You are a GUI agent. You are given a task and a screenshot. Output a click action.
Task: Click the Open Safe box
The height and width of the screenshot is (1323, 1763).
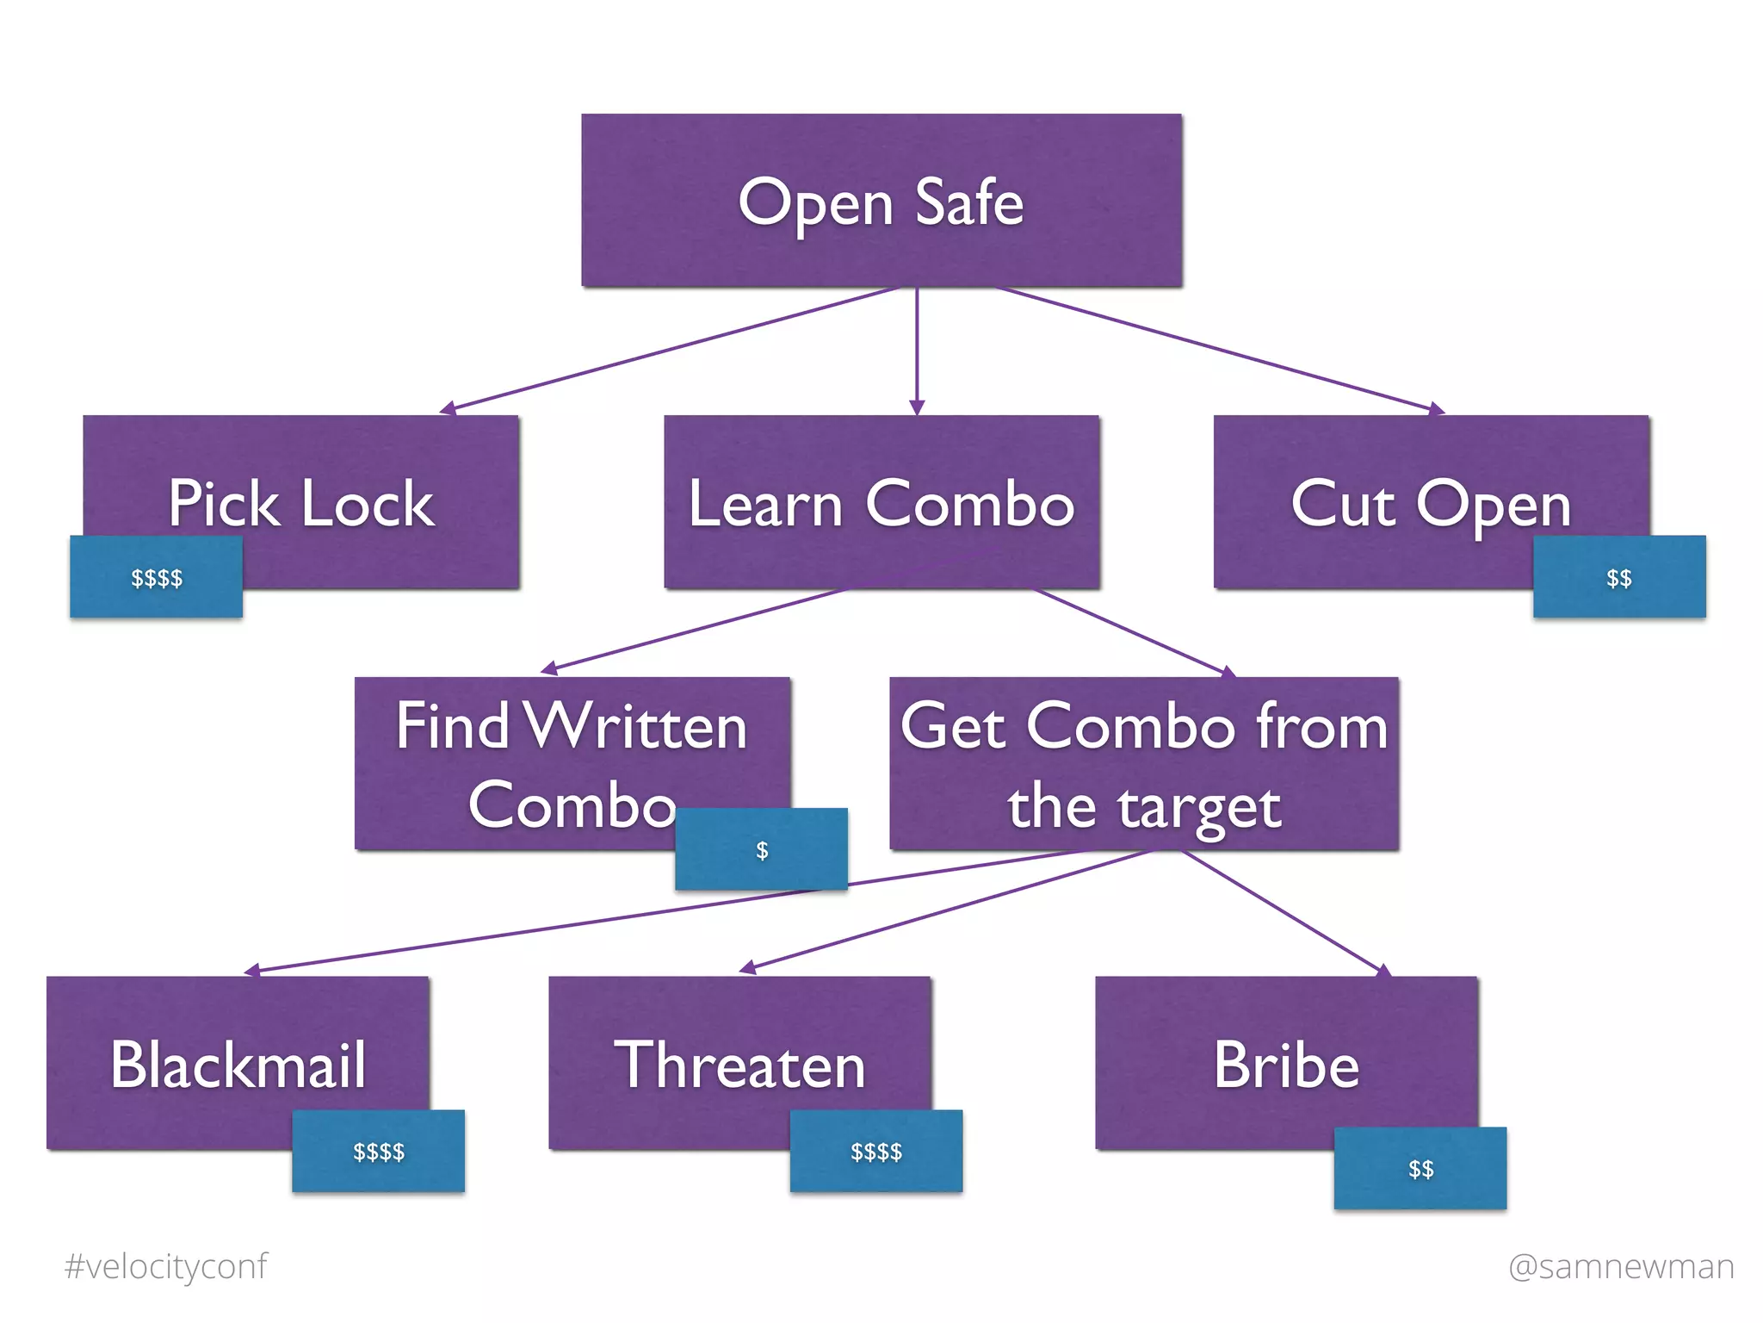pos(881,200)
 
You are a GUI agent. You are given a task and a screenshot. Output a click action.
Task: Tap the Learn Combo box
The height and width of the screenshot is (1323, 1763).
pos(881,503)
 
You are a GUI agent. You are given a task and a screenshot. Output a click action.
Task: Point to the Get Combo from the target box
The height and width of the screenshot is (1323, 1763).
pos(1143,763)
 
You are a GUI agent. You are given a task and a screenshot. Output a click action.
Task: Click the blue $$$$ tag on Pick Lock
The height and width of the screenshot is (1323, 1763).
pos(156,577)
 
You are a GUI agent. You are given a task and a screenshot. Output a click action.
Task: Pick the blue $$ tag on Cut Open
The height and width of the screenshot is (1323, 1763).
pos(1618,577)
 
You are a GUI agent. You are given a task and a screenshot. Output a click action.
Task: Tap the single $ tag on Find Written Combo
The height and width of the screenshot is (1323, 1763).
pos(761,849)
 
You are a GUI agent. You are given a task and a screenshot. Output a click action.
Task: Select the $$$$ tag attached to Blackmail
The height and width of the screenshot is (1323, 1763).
pos(378,1151)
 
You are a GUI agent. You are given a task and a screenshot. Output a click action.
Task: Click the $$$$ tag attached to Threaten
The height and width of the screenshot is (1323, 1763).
pos(875,1151)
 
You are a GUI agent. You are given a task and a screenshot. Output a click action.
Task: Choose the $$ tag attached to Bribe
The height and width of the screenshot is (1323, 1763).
pos(1420,1168)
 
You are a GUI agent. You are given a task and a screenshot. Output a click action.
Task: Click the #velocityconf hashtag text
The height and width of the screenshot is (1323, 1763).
pos(166,1266)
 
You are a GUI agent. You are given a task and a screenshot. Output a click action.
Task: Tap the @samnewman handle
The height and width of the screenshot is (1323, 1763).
pos(1620,1266)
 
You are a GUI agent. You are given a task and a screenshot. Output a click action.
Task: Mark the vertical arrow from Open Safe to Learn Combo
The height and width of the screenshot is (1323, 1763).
pos(917,349)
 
